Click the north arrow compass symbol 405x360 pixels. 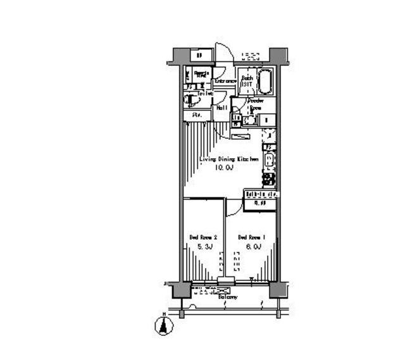pyautogui.click(x=164, y=325)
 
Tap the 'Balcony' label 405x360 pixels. pyautogui.click(x=228, y=297)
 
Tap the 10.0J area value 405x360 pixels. pyautogui.click(x=223, y=168)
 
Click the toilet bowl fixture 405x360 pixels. pyautogui.click(x=190, y=100)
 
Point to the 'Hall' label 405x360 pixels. pyautogui.click(x=222, y=108)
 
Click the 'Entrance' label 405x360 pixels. pyautogui.click(x=225, y=82)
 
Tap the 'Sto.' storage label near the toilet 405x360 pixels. pyautogui.click(x=189, y=116)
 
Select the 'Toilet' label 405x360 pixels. pyautogui.click(x=204, y=94)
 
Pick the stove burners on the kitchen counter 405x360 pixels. pyautogui.click(x=268, y=180)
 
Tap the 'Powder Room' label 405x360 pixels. pyautogui.click(x=256, y=104)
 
